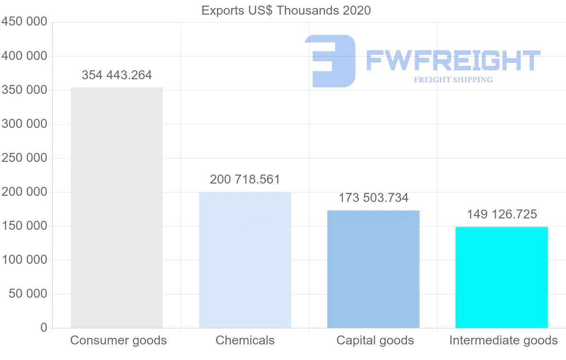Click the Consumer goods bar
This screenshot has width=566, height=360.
(x=117, y=208)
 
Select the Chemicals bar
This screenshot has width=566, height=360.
(x=245, y=260)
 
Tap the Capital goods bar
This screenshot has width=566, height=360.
(x=373, y=269)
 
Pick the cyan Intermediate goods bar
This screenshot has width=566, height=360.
(x=501, y=277)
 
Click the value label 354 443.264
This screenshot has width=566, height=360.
(x=117, y=75)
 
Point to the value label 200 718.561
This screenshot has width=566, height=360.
(x=245, y=180)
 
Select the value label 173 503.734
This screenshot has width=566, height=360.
(x=373, y=198)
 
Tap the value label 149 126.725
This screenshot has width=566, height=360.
(x=502, y=215)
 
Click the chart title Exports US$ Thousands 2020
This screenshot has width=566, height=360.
(x=286, y=10)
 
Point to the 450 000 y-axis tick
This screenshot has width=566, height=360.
(x=24, y=22)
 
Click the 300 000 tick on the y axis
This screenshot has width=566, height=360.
(x=24, y=124)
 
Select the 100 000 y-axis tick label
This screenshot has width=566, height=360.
(x=24, y=260)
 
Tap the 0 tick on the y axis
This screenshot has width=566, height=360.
(x=44, y=328)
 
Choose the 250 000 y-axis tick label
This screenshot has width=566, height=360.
(x=24, y=158)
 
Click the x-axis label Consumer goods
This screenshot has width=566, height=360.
(x=118, y=341)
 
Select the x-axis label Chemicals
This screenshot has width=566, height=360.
(x=245, y=341)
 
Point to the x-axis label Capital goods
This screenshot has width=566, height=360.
(x=375, y=341)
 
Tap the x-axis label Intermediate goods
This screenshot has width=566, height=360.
(x=503, y=341)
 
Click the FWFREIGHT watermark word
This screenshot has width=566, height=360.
(x=453, y=61)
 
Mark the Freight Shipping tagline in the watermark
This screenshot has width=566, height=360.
(x=453, y=80)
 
